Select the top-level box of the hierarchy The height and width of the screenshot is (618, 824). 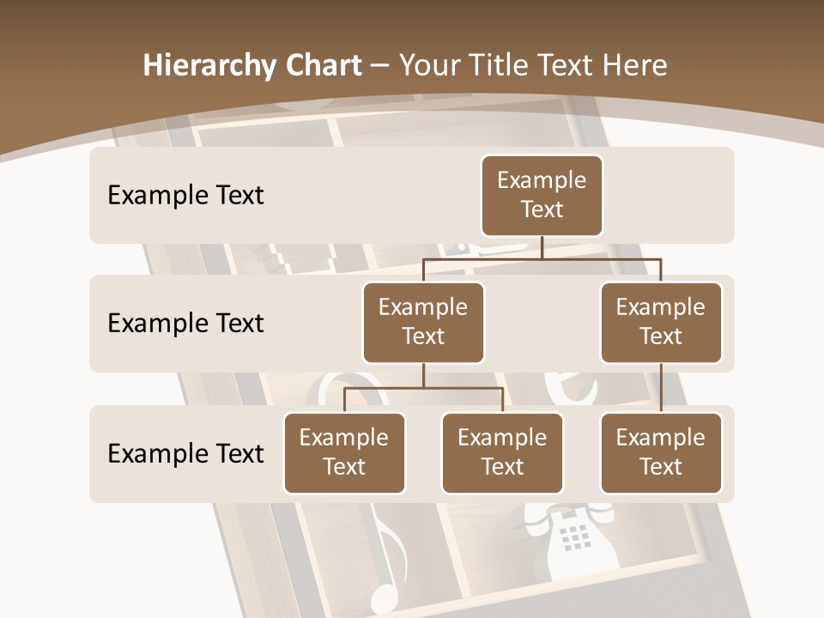coord(542,196)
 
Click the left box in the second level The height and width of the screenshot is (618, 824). coord(423,323)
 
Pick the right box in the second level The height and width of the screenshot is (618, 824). coord(661,323)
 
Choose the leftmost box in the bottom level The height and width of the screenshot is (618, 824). coord(344,453)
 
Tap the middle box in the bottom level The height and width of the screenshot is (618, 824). coord(502,453)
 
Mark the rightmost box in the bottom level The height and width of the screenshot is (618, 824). coord(661,453)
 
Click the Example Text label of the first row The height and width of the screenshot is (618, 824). coord(185,196)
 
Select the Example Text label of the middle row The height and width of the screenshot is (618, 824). coord(185,324)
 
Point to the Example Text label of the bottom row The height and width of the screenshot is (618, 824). coord(185,453)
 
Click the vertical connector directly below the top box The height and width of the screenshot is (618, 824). coord(542,247)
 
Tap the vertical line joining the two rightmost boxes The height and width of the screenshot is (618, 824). coord(661,388)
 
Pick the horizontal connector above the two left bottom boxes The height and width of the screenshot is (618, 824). coord(423,388)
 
